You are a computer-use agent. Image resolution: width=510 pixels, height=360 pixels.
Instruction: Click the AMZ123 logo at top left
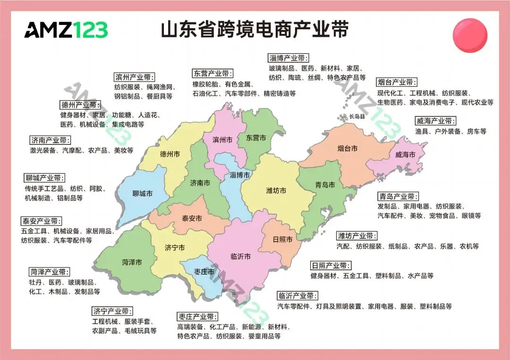(x=66, y=30)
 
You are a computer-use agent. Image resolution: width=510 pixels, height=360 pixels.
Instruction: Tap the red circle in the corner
(x=469, y=35)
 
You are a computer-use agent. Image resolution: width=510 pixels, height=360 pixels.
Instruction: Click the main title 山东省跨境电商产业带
(x=255, y=29)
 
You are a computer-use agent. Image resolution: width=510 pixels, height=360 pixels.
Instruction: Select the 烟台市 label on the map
(x=347, y=149)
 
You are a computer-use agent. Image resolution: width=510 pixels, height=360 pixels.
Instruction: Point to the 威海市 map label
(x=405, y=155)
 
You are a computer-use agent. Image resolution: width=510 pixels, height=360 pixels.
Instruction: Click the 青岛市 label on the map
(x=325, y=185)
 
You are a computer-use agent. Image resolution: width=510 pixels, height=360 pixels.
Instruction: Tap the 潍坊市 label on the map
(x=276, y=191)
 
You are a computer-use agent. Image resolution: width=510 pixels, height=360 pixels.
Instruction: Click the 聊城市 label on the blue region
(x=142, y=194)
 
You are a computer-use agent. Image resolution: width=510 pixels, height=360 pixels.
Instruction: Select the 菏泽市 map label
(x=132, y=262)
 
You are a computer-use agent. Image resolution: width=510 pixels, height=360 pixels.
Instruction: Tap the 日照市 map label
(x=282, y=239)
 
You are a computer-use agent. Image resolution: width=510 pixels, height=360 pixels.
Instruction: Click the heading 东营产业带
(x=213, y=74)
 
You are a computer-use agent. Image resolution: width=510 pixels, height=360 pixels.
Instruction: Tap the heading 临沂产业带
(x=297, y=296)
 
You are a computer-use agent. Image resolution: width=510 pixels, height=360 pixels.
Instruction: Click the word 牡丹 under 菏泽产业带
(x=35, y=282)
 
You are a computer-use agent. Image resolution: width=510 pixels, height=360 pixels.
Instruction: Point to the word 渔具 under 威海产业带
(x=422, y=132)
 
